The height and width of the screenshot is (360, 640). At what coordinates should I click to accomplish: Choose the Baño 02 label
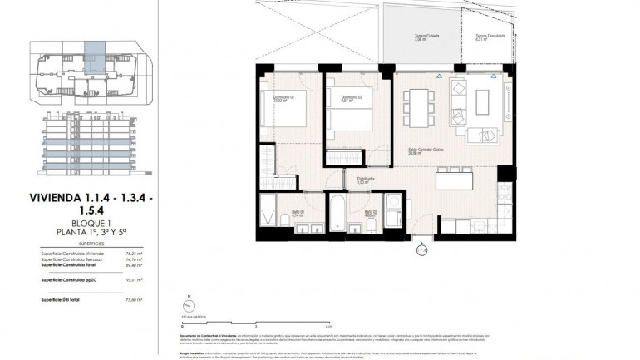[371, 213]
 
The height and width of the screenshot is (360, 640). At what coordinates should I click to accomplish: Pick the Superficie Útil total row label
[60, 300]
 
